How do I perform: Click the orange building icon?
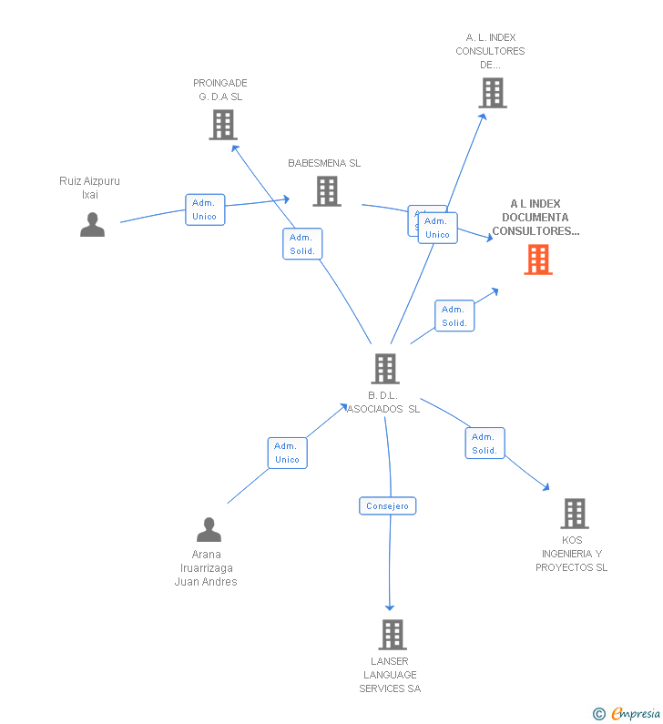pos(538,260)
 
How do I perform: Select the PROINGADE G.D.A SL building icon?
pos(222,125)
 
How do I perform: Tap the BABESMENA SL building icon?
pos(327,191)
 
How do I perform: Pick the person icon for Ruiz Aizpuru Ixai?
pos(92,224)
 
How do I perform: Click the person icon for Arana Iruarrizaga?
pos(209,529)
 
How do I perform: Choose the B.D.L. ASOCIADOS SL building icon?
pos(385,368)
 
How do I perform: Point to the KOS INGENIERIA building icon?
pos(574,514)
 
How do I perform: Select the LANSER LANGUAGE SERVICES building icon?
pos(392,634)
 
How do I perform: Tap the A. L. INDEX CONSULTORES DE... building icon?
pos(492,93)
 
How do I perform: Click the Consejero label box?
pos(387,505)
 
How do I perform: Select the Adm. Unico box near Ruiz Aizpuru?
pos(205,209)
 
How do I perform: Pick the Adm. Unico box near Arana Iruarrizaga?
pos(287,453)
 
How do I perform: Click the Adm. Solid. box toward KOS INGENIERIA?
pos(484,444)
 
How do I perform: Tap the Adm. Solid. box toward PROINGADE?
pos(302,244)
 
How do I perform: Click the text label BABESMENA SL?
pos(324,164)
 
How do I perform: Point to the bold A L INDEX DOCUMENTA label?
pos(535,218)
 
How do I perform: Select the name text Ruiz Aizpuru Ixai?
pos(89,188)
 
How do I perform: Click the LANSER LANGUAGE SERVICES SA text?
pos(390,675)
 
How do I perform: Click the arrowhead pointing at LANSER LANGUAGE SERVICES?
pos(390,607)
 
